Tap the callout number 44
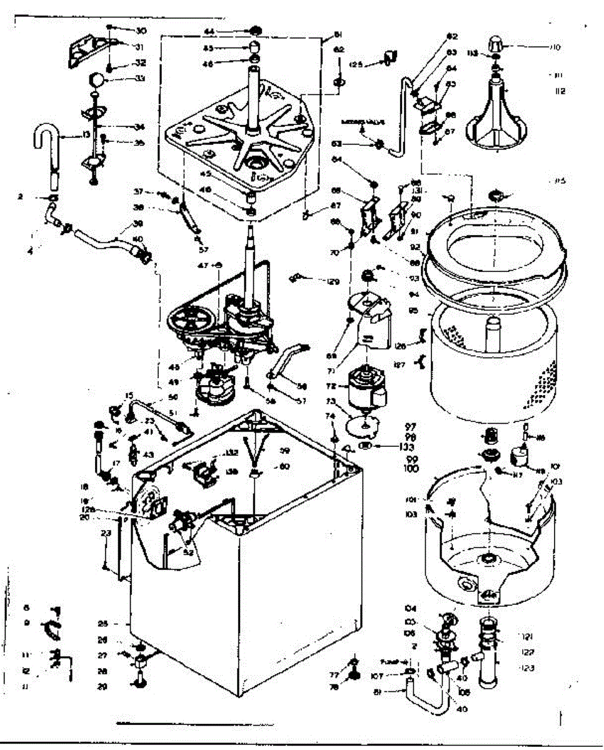209,31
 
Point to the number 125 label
356,64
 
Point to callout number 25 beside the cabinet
104,623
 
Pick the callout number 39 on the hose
138,224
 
